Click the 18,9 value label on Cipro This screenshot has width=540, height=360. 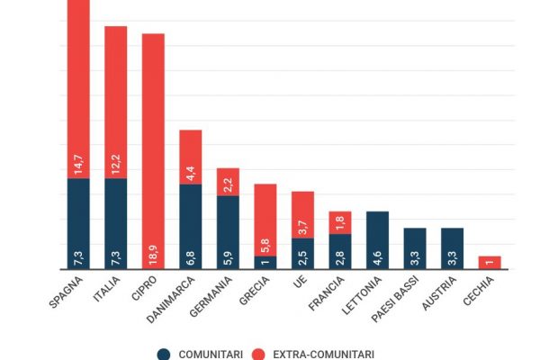click(154, 254)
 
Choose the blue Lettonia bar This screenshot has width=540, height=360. click(377, 239)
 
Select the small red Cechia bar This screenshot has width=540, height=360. click(490, 262)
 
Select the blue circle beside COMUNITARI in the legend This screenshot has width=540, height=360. click(164, 354)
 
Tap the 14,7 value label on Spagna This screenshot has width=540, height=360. click(79, 164)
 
